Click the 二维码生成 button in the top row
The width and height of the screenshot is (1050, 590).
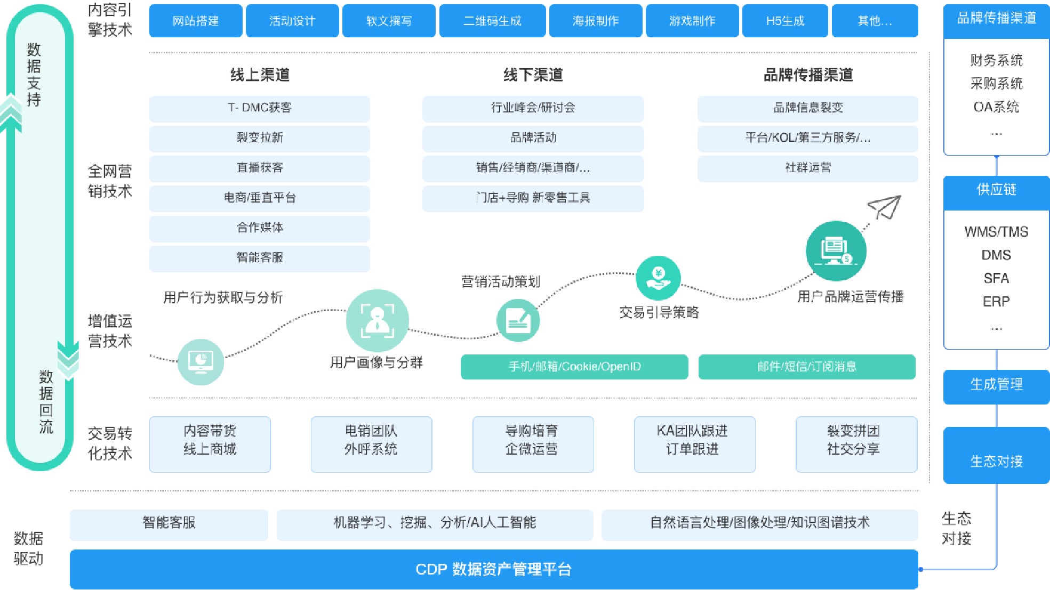492,21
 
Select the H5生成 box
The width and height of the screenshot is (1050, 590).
785,21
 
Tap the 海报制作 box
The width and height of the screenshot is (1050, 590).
595,21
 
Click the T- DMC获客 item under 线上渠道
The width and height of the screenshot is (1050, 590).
259,108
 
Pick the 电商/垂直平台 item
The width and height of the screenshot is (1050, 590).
259,198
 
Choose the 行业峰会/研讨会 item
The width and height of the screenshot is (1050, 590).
533,108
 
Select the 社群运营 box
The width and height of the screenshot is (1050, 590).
807,168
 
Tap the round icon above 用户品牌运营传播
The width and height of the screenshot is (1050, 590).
836,251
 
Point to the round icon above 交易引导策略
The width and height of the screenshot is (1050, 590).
658,278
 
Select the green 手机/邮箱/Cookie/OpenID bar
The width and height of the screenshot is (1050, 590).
574,367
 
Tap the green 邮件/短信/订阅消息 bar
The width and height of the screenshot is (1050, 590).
806,367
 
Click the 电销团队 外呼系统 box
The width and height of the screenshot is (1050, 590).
371,444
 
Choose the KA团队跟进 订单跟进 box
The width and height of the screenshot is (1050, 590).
694,444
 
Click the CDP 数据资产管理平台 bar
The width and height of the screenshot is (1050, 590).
493,569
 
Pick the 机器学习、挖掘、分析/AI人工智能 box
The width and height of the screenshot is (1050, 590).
435,523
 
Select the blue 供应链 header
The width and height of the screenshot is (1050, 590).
996,190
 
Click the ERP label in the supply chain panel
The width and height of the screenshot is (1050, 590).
996,302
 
